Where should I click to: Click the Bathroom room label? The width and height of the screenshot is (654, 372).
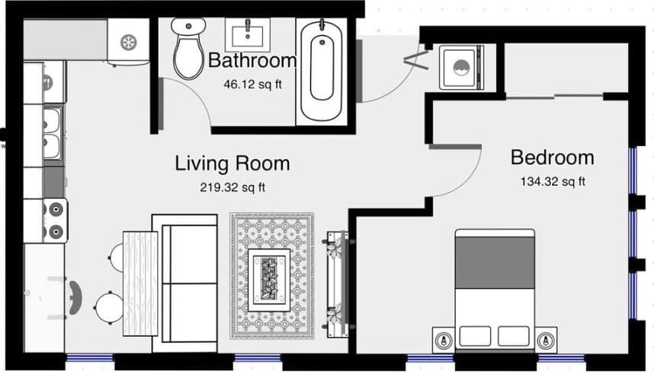click(252, 60)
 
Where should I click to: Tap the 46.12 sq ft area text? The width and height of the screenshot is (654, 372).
click(252, 84)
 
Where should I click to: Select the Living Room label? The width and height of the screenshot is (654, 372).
click(232, 163)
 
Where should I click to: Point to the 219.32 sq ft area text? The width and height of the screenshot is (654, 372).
click(232, 186)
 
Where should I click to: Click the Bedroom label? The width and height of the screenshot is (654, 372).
click(552, 157)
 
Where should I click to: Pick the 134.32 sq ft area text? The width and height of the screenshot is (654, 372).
click(553, 181)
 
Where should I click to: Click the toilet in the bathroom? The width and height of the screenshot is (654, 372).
click(187, 47)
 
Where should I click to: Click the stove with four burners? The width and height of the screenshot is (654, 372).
click(56, 219)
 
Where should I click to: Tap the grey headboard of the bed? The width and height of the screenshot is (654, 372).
click(494, 252)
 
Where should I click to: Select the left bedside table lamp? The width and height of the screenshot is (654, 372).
click(443, 339)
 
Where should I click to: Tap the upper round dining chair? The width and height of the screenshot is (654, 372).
click(114, 253)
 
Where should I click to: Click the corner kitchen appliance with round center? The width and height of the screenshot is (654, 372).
click(128, 41)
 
